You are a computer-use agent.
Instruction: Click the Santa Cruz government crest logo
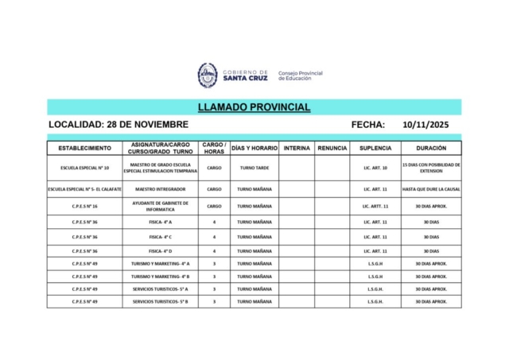(x=208, y=75)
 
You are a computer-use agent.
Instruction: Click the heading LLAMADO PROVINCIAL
(x=254, y=107)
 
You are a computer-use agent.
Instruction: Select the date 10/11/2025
(x=426, y=125)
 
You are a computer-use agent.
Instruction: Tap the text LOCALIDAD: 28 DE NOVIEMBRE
(x=119, y=125)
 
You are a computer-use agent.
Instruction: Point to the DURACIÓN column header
(x=430, y=148)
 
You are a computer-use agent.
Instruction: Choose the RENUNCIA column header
(x=332, y=148)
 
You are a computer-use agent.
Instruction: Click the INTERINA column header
(x=297, y=148)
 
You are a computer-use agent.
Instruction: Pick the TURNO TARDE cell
(x=254, y=168)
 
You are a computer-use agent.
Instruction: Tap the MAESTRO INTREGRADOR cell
(x=160, y=189)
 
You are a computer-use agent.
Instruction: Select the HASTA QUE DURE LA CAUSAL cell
(x=430, y=189)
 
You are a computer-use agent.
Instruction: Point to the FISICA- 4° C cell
(x=160, y=237)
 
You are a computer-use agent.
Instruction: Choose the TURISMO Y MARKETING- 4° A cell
(x=160, y=263)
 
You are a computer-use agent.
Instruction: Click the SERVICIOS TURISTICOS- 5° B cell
(x=160, y=302)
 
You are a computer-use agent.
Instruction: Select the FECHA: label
(x=367, y=125)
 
